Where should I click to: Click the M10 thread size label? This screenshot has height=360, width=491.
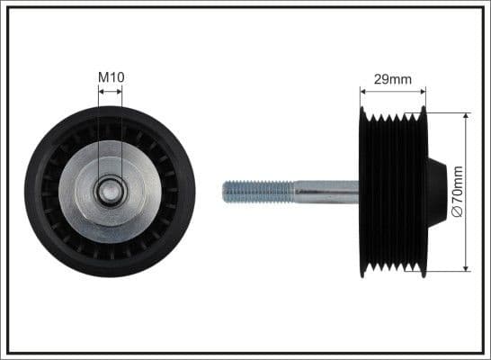pyautogui.click(x=111, y=78)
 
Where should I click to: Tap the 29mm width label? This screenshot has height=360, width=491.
pyautogui.click(x=392, y=79)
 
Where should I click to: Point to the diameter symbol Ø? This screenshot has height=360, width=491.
pyautogui.click(x=458, y=211)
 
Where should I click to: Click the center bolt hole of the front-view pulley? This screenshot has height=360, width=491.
pyautogui.click(x=110, y=191)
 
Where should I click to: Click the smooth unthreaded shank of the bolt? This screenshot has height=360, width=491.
pyautogui.click(x=326, y=191)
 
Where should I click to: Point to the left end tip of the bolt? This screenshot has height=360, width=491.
pyautogui.click(x=225, y=191)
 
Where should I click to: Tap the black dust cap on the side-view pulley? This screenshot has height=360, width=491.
pyautogui.click(x=436, y=191)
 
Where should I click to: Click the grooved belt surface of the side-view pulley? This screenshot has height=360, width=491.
pyautogui.click(x=392, y=191)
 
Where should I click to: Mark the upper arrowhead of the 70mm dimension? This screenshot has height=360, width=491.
pyautogui.click(x=466, y=117)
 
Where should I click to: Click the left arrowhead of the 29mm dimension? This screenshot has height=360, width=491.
pyautogui.click(x=364, y=90)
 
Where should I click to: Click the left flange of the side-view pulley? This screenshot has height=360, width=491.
pyautogui.click(x=362, y=191)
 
